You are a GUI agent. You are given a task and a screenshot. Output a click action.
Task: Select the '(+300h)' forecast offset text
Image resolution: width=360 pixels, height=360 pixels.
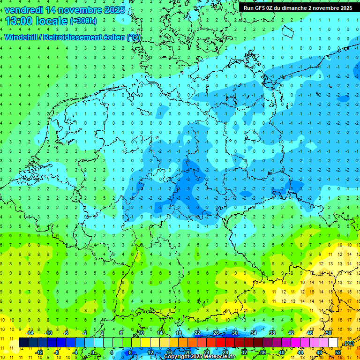click(83, 21)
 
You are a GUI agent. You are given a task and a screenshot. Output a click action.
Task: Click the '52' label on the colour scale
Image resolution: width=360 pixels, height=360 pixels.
click(338, 352)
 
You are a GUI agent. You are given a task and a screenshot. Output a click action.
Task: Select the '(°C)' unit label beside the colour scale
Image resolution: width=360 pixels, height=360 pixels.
click(348, 344)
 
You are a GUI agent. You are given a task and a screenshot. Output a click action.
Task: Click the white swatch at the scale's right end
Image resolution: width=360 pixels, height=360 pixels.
click(333, 343)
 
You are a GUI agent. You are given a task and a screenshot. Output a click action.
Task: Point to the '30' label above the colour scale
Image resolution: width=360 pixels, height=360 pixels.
click(235, 333)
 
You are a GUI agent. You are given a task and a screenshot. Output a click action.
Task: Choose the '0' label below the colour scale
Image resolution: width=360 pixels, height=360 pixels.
click(93, 352)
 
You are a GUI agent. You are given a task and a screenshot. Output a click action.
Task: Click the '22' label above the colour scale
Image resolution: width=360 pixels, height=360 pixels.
click(197, 333)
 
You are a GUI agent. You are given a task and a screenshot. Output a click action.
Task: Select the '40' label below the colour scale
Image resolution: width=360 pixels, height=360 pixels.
click(282, 352)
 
